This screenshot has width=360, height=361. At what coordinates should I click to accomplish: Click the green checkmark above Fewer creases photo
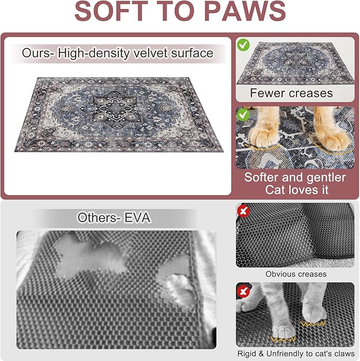pyautogui.click(x=243, y=45)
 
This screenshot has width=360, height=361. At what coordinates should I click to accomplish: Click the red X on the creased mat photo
pyautogui.click(x=244, y=212)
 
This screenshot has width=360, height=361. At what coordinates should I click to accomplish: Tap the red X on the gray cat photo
pyautogui.click(x=244, y=291)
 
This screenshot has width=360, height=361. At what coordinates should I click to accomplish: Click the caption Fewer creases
pyautogui.click(x=291, y=93)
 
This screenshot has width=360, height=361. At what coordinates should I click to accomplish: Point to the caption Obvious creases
pyautogui.click(x=296, y=274)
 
